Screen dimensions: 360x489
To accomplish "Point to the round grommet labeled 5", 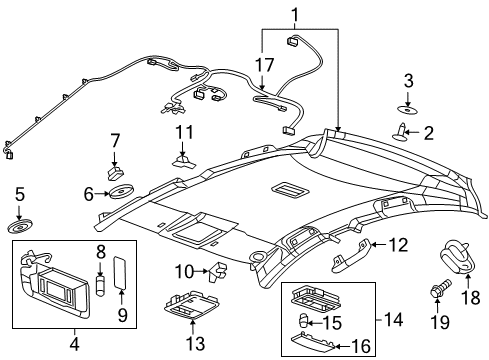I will click(x=19, y=221).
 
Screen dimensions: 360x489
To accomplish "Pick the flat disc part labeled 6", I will click(x=124, y=190).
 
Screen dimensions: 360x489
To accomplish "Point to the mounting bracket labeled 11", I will click(x=183, y=158).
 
